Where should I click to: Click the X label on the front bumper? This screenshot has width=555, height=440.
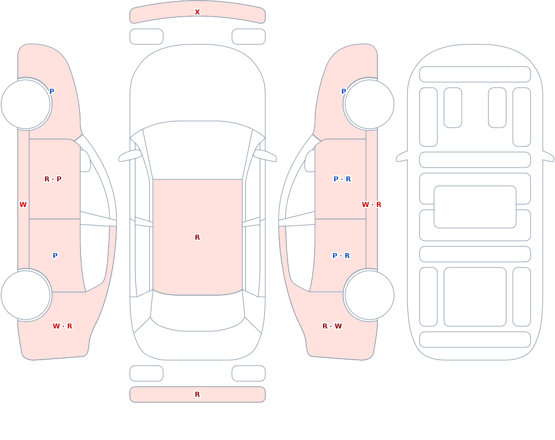click(197, 12)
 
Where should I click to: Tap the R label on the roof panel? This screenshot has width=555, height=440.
click(197, 237)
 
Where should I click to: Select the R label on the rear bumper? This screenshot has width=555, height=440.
click(197, 395)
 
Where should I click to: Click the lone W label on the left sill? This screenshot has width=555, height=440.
click(23, 205)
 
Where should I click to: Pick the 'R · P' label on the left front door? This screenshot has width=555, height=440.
click(53, 179)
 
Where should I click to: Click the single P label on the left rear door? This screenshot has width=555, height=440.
click(55, 256)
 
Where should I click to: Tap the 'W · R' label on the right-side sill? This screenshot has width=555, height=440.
click(371, 205)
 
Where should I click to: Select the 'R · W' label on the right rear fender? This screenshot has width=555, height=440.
click(332, 326)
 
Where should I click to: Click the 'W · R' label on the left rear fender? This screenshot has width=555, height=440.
click(62, 326)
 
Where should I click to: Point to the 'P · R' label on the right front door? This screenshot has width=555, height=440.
click(342, 179)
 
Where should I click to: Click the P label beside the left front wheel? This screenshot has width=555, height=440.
click(52, 92)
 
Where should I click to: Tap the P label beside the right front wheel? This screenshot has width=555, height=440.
click(344, 92)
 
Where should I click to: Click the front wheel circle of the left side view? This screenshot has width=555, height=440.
click(26, 104)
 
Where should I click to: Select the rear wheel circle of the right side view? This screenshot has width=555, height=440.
click(369, 295)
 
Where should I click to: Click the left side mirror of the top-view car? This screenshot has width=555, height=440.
click(130, 155)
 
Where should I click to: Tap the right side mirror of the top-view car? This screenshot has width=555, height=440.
click(265, 155)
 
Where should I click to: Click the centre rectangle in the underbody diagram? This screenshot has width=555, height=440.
click(475, 207)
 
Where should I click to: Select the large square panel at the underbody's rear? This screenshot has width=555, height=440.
click(475, 297)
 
